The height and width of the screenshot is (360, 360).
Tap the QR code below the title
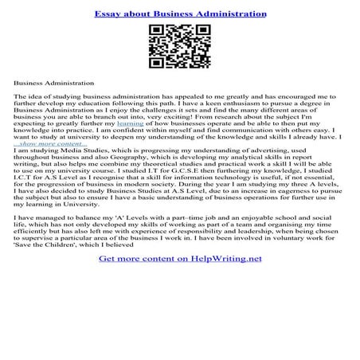pos(179,47)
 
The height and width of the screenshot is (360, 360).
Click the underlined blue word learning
pos(131,123)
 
